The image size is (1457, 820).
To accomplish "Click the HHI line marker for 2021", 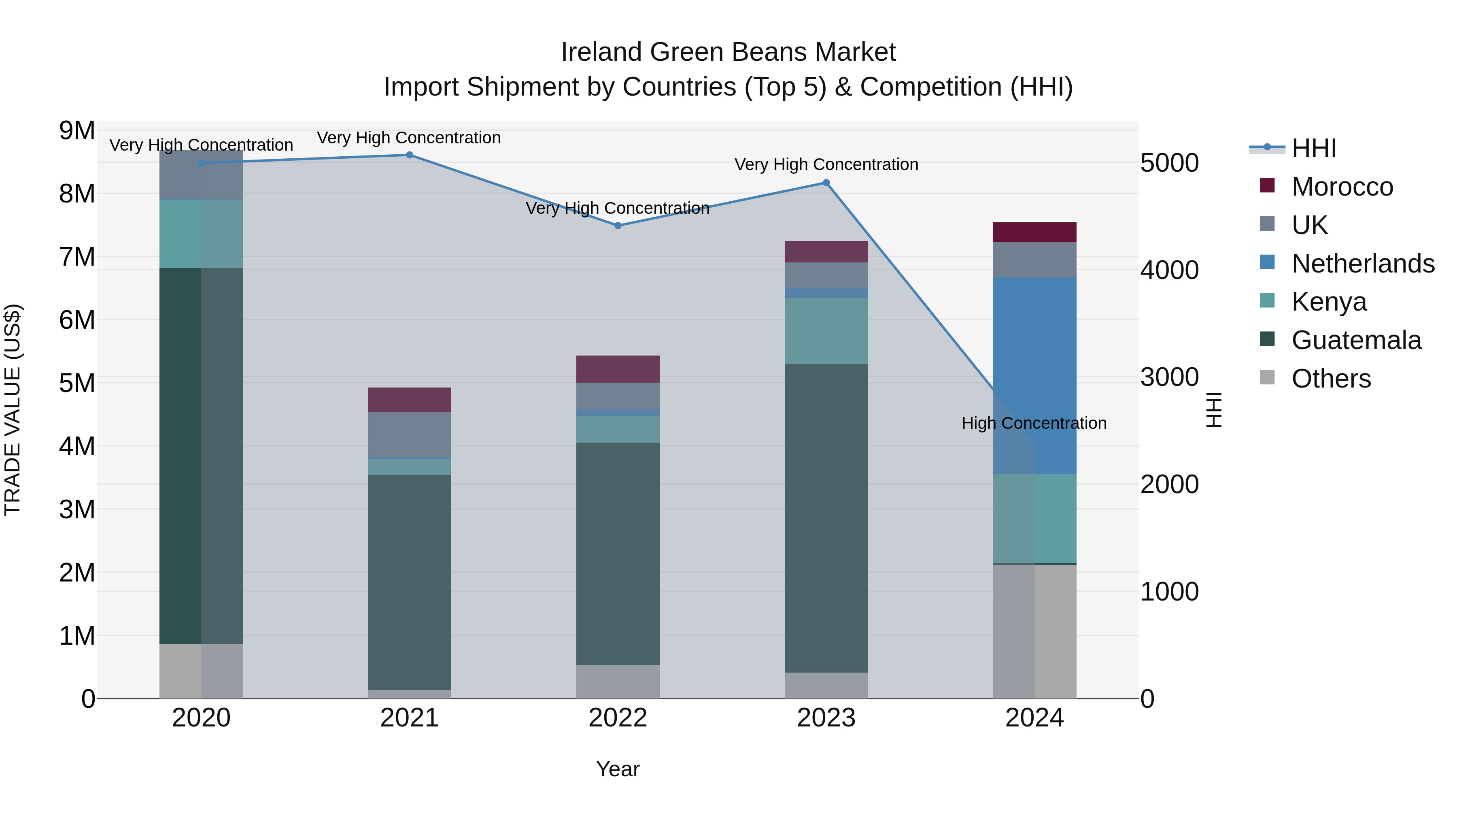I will (x=410, y=155).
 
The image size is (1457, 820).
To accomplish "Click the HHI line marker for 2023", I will (x=826, y=183).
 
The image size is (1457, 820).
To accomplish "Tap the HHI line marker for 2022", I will (x=618, y=226).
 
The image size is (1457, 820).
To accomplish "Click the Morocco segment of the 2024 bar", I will (x=1034, y=232).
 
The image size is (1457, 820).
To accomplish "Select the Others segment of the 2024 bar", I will (x=1034, y=631).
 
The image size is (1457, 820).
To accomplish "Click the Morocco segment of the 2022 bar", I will (x=618, y=369).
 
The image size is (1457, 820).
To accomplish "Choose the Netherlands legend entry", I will (x=1363, y=264).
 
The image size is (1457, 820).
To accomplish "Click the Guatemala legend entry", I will (x=1356, y=340).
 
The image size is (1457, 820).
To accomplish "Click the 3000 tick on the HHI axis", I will (x=1169, y=377).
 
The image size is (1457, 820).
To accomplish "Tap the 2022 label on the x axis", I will (x=618, y=718).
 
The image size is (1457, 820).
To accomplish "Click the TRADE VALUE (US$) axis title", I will (x=13, y=410).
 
